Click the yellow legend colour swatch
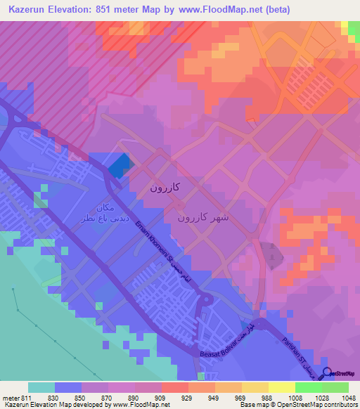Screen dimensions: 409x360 (282, 387)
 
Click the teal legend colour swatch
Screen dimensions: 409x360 (41, 387)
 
